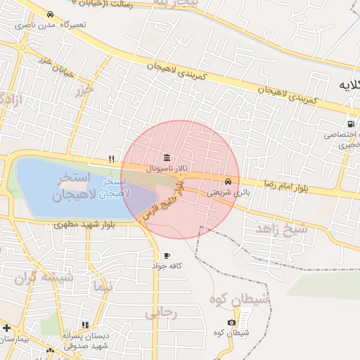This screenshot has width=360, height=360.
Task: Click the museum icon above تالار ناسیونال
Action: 166,157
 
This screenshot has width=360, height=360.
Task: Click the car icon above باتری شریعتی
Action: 226,181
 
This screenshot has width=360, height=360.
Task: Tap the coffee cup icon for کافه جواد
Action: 167,255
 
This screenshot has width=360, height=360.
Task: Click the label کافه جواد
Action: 168,266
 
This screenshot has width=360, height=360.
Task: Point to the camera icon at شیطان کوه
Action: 231,322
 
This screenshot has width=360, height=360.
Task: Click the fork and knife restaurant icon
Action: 111,160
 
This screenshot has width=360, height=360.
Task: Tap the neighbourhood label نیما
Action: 101,285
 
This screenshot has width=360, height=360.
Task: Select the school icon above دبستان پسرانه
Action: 85,325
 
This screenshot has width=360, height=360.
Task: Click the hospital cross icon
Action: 6,328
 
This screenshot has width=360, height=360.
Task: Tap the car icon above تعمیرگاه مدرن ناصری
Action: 50,14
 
